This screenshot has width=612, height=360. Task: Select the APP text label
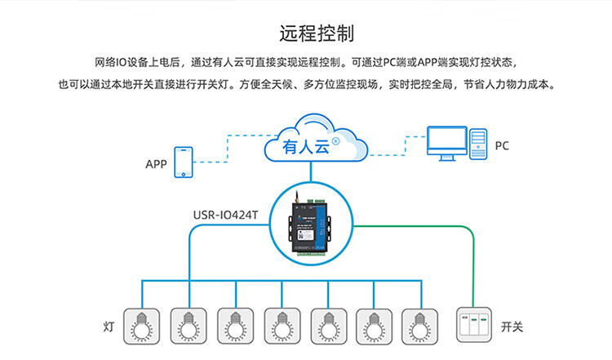(x=156, y=165)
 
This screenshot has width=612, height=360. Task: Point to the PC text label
(x=502, y=146)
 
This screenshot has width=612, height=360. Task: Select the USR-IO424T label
(x=225, y=216)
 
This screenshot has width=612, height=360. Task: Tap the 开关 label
(x=512, y=327)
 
